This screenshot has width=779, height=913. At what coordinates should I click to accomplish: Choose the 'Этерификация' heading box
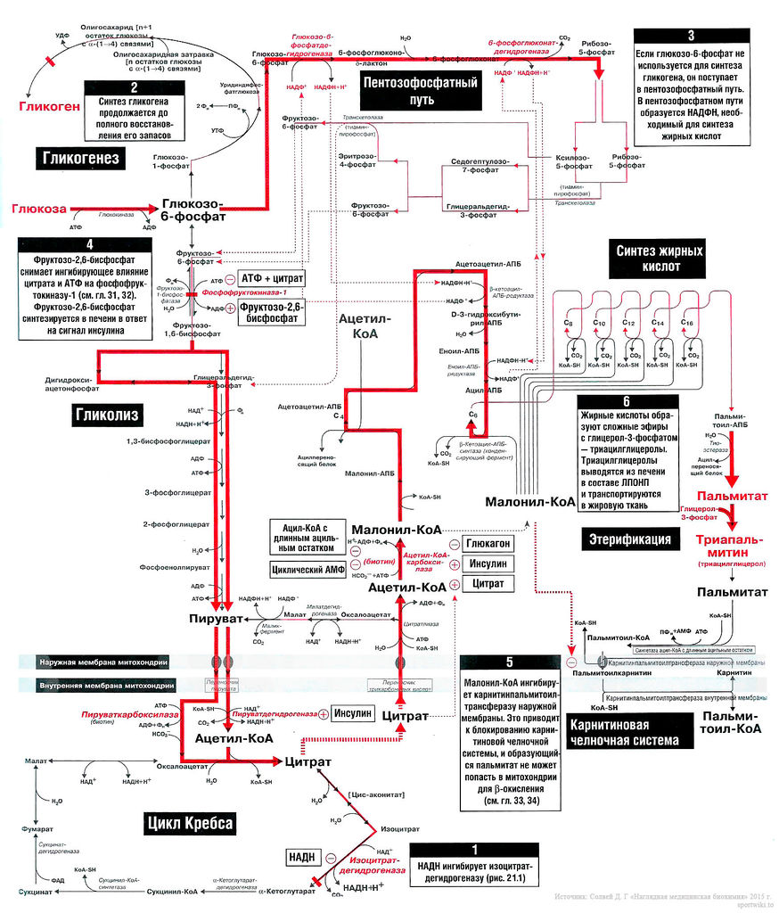[x=630, y=539]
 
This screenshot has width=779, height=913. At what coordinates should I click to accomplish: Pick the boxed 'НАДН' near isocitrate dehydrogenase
[x=300, y=857]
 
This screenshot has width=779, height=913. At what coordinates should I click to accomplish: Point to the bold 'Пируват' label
[x=216, y=618]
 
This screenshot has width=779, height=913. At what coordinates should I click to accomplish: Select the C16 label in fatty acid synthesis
[x=686, y=321]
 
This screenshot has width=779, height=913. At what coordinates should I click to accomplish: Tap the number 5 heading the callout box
[x=509, y=662]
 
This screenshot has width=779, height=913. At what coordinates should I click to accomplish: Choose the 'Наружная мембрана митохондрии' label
[x=105, y=662]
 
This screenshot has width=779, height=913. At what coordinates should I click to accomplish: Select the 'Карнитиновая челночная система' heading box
[x=626, y=731]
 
